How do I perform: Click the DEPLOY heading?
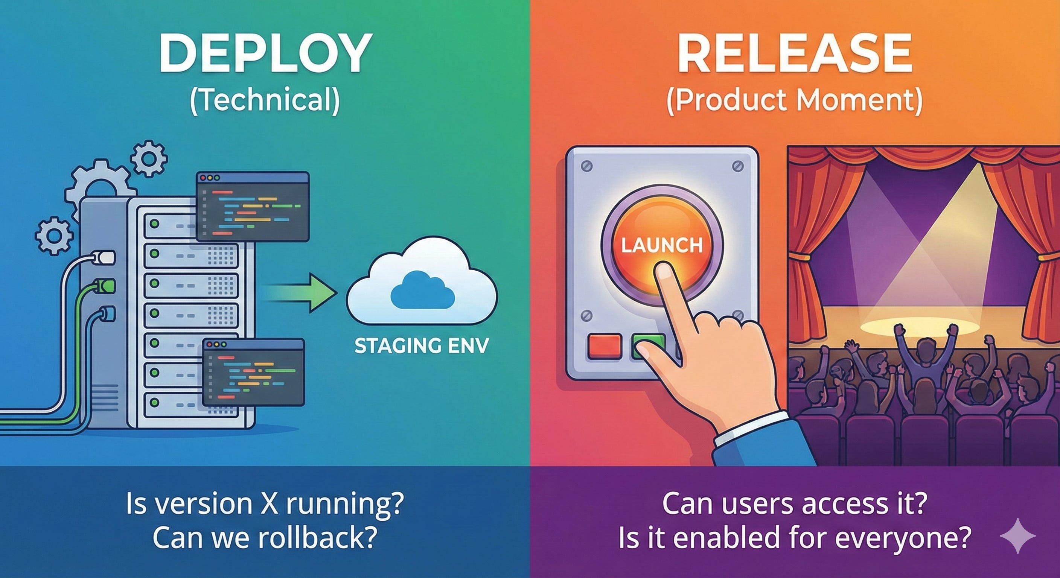coord(265,53)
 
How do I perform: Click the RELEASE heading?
coord(795,53)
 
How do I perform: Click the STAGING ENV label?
coord(421,346)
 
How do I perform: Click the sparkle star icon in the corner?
coord(1017,535)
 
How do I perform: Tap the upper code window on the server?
coord(253,207)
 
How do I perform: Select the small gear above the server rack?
coord(149,158)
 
